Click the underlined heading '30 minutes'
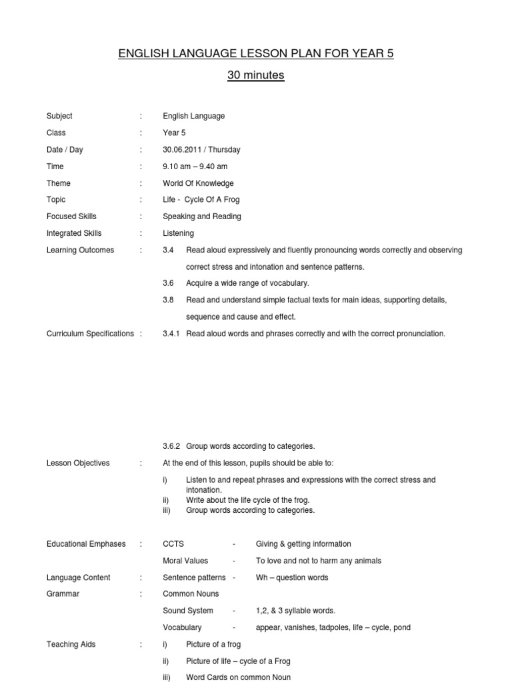255,75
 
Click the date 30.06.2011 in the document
183,149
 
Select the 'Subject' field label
59,116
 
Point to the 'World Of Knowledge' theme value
198,183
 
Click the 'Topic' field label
56,200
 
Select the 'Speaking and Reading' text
202,216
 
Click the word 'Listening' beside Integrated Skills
179,233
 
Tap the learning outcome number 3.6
168,283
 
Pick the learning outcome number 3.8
168,300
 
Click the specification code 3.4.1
172,334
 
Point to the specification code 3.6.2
172,446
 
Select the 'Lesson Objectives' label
78,463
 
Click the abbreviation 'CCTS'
174,544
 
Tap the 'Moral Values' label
185,561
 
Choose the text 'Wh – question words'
292,577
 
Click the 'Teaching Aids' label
71,644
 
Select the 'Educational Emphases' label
86,544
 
